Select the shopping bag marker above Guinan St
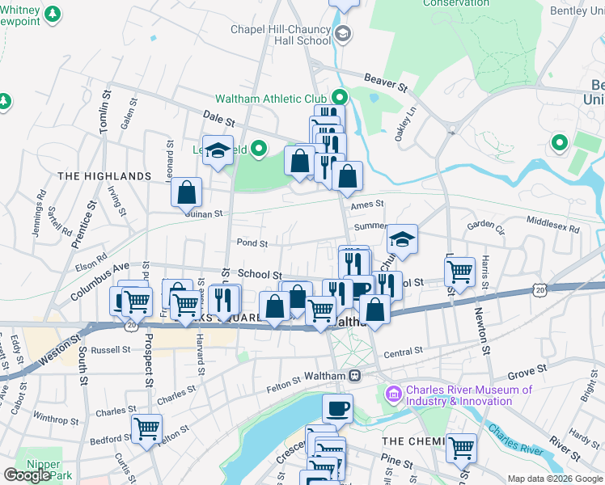(x=186, y=192)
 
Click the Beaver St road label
(x=384, y=82)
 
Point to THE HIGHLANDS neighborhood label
(x=104, y=175)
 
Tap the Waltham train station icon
(x=354, y=376)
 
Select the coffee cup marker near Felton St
(x=337, y=408)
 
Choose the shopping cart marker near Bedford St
(x=146, y=428)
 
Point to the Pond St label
(x=252, y=242)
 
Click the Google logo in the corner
(x=27, y=474)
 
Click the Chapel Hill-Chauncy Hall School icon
(x=343, y=33)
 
